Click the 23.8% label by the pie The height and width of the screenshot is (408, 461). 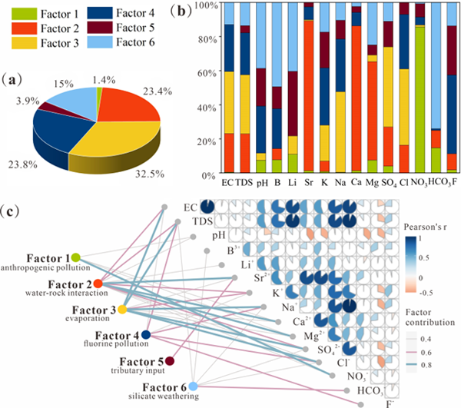click(x=23, y=163)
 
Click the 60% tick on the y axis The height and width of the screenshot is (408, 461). click(x=206, y=73)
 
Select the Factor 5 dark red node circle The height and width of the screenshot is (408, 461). click(x=169, y=360)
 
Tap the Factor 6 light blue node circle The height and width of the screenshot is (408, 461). click(x=194, y=386)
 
